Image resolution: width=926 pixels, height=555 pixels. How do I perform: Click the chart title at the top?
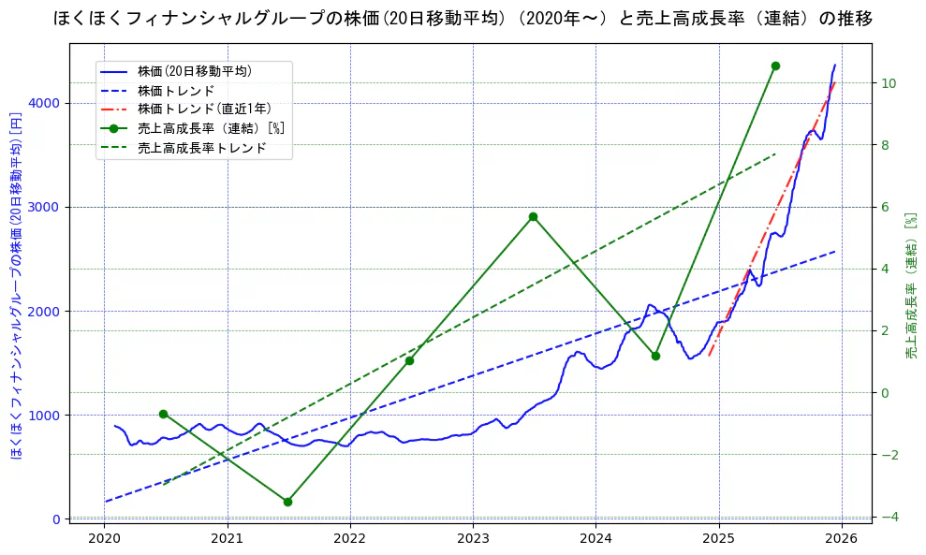pyautogui.click(x=463, y=18)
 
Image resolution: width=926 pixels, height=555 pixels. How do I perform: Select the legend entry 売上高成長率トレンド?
pyautogui.click(x=201, y=148)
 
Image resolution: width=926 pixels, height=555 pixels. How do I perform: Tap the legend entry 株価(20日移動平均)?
pyautogui.click(x=194, y=70)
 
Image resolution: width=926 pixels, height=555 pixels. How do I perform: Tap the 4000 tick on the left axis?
pyautogui.click(x=46, y=103)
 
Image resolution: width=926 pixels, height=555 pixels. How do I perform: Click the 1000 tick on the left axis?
pyautogui.click(x=46, y=415)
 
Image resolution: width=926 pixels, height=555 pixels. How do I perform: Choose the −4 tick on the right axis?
pyautogui.click(x=889, y=517)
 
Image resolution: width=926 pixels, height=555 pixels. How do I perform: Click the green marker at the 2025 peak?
pyautogui.click(x=775, y=66)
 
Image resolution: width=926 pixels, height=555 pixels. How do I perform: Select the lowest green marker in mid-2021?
pyautogui.click(x=287, y=502)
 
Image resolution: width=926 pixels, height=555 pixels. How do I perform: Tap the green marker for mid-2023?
pyautogui.click(x=533, y=216)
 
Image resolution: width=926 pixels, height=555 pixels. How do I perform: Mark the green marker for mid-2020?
pyautogui.click(x=163, y=414)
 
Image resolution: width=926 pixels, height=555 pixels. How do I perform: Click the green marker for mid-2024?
pyautogui.click(x=655, y=356)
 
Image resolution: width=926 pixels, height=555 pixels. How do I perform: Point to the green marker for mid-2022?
pyautogui.click(x=409, y=360)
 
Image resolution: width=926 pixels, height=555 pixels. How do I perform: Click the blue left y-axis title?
pyautogui.click(x=16, y=285)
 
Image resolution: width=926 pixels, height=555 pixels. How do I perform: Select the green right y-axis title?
pyautogui.click(x=910, y=285)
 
